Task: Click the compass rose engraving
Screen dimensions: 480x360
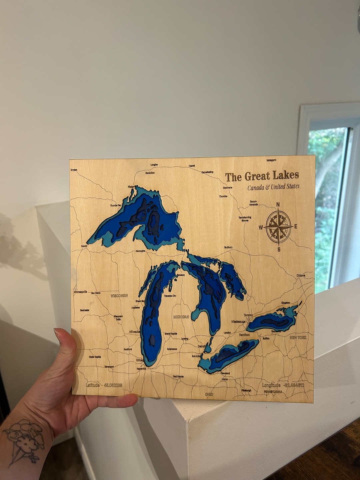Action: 279,227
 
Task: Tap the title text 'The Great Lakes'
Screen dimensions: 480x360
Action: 262,176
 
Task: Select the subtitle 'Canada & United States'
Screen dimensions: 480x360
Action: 273,187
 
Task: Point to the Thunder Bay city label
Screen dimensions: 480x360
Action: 116,205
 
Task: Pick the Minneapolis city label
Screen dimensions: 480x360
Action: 80,292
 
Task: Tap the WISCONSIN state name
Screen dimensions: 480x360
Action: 119,295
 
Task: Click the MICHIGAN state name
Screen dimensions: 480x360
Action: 181,317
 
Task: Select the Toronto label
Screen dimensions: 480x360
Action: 248,315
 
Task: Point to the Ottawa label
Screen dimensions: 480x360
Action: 301,276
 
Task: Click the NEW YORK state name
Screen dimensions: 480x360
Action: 298,338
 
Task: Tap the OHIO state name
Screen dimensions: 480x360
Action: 209,394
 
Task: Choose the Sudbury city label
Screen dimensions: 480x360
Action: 228,247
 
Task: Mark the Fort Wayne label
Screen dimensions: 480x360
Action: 178,377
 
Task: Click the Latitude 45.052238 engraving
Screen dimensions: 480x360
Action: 104,385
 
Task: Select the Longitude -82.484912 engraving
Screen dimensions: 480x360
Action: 283,385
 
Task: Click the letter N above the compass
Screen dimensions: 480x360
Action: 278,204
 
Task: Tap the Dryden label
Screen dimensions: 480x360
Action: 74,170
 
